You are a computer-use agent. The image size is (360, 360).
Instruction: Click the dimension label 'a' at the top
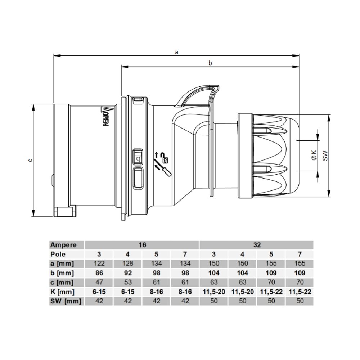pos(176,52)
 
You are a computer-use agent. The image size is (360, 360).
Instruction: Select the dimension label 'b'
pos(210,63)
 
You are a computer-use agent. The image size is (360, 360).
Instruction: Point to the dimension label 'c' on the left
pos(30,160)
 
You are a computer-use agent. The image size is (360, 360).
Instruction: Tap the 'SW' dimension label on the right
pos(325,156)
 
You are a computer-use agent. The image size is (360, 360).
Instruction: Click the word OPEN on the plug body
pos(105,119)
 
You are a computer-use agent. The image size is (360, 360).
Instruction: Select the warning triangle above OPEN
pos(105,109)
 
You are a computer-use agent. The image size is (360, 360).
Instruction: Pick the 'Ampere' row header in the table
pos(63,245)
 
